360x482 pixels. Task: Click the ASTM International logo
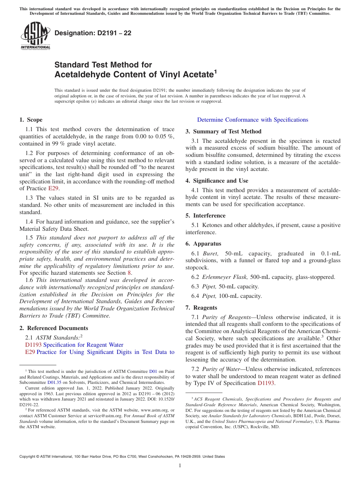coord(35,36)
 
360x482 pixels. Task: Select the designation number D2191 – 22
coord(93,33)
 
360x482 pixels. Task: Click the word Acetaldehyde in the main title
coord(80,75)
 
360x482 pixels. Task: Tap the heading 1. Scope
coord(31,120)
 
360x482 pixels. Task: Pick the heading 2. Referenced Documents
coord(53,328)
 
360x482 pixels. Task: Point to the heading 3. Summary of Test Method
coord(223,131)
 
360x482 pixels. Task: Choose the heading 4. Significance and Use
coord(217,181)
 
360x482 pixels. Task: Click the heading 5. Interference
coord(205,216)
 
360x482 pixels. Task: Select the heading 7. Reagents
coord(201,308)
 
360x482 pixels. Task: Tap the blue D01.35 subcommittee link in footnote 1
coord(55,382)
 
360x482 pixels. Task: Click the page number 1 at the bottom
coord(180,466)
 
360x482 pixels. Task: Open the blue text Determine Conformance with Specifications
coord(252,120)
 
